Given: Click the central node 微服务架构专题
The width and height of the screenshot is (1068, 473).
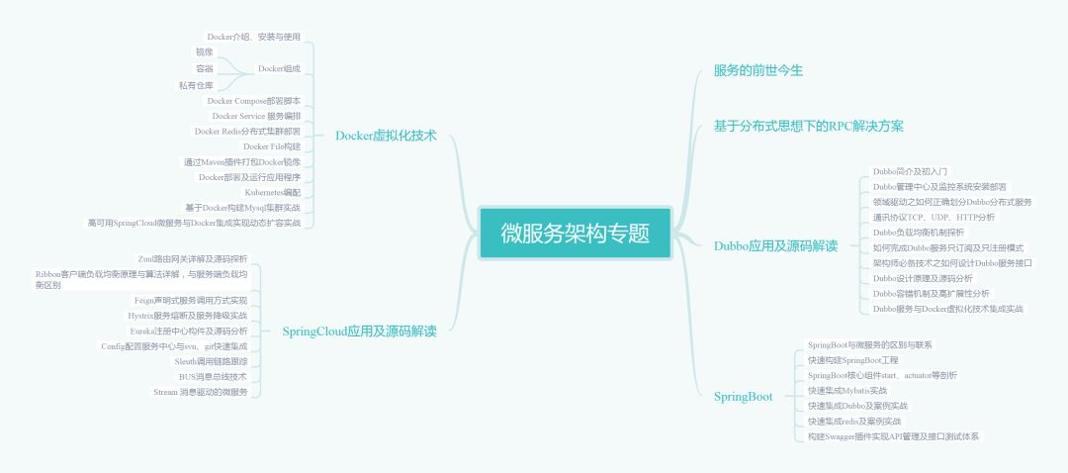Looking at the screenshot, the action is click(x=575, y=234).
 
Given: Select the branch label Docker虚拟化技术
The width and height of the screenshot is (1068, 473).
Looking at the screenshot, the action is click(x=386, y=136).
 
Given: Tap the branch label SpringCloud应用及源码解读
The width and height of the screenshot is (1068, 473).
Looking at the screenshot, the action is click(x=359, y=331).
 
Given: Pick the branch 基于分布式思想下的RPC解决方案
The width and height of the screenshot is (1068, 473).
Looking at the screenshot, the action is click(x=809, y=126).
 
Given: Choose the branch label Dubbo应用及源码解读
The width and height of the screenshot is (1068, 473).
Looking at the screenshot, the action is click(x=775, y=245).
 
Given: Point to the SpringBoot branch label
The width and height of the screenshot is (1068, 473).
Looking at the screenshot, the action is click(x=744, y=396).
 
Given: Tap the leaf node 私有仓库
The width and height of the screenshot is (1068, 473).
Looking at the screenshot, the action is click(x=196, y=85).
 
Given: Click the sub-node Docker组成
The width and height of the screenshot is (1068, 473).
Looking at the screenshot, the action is click(x=279, y=69).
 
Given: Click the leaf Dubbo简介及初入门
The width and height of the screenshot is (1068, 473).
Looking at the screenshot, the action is click(x=910, y=171).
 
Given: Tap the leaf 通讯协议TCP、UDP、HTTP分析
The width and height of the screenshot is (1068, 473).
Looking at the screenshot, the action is click(x=934, y=217).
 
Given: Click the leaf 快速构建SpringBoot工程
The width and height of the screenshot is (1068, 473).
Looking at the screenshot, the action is click(x=852, y=360).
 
